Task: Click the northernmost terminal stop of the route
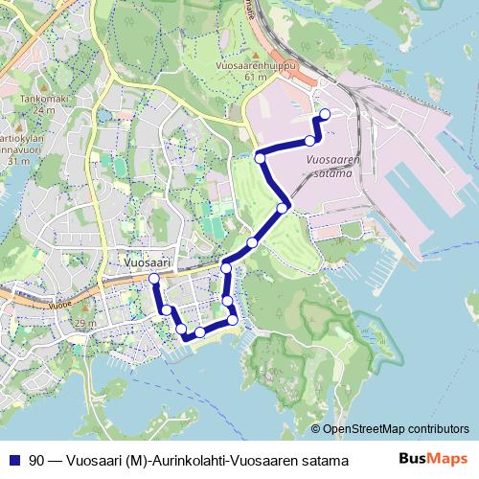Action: coord(324,115)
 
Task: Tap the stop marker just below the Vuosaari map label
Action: coord(153,279)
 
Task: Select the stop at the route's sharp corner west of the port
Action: coord(260,157)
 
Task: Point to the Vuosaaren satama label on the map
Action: coord(335,167)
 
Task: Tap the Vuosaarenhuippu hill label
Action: coord(258,65)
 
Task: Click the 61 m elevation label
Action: coord(255,77)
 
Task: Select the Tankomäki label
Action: coord(30,99)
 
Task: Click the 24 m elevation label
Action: coord(30,109)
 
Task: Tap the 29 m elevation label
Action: coord(85,324)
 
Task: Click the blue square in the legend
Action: coord(12,460)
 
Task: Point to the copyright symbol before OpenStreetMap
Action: coord(316,429)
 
